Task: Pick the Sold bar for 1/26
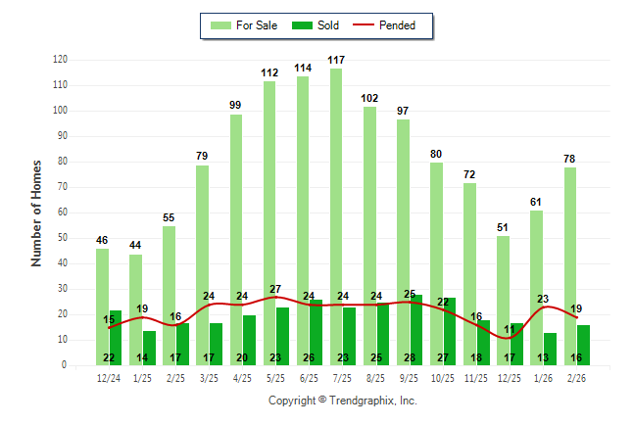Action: (x=550, y=349)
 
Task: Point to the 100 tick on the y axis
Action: (x=61, y=111)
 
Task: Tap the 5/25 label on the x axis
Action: (x=275, y=377)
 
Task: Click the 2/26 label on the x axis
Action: (x=576, y=377)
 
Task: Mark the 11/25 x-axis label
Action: (x=475, y=377)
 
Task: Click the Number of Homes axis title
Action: (x=37, y=212)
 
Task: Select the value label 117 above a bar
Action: (x=336, y=61)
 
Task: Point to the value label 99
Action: (x=236, y=106)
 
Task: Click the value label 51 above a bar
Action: (x=503, y=228)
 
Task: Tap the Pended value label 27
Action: (x=275, y=290)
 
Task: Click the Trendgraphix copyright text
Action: (x=343, y=401)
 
